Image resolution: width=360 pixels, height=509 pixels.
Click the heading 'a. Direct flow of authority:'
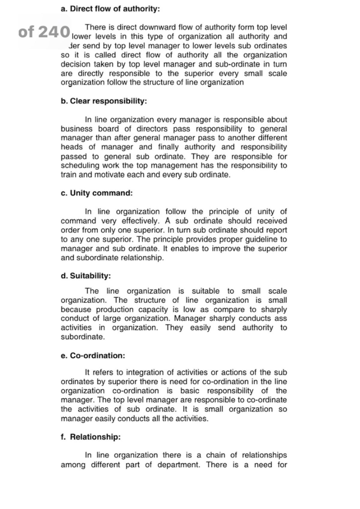(x=110, y=9)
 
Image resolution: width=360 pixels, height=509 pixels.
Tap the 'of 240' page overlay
(x=44, y=32)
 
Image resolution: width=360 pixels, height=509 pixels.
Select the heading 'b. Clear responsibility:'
(x=104, y=101)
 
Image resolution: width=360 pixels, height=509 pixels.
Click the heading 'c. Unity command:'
(x=97, y=193)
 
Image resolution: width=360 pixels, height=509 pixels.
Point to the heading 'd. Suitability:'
(x=86, y=276)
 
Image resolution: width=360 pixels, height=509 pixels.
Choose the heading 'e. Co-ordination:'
(x=93, y=356)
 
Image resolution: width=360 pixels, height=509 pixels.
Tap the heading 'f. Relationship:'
(x=91, y=437)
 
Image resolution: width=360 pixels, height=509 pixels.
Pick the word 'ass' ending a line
(x=281, y=319)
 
